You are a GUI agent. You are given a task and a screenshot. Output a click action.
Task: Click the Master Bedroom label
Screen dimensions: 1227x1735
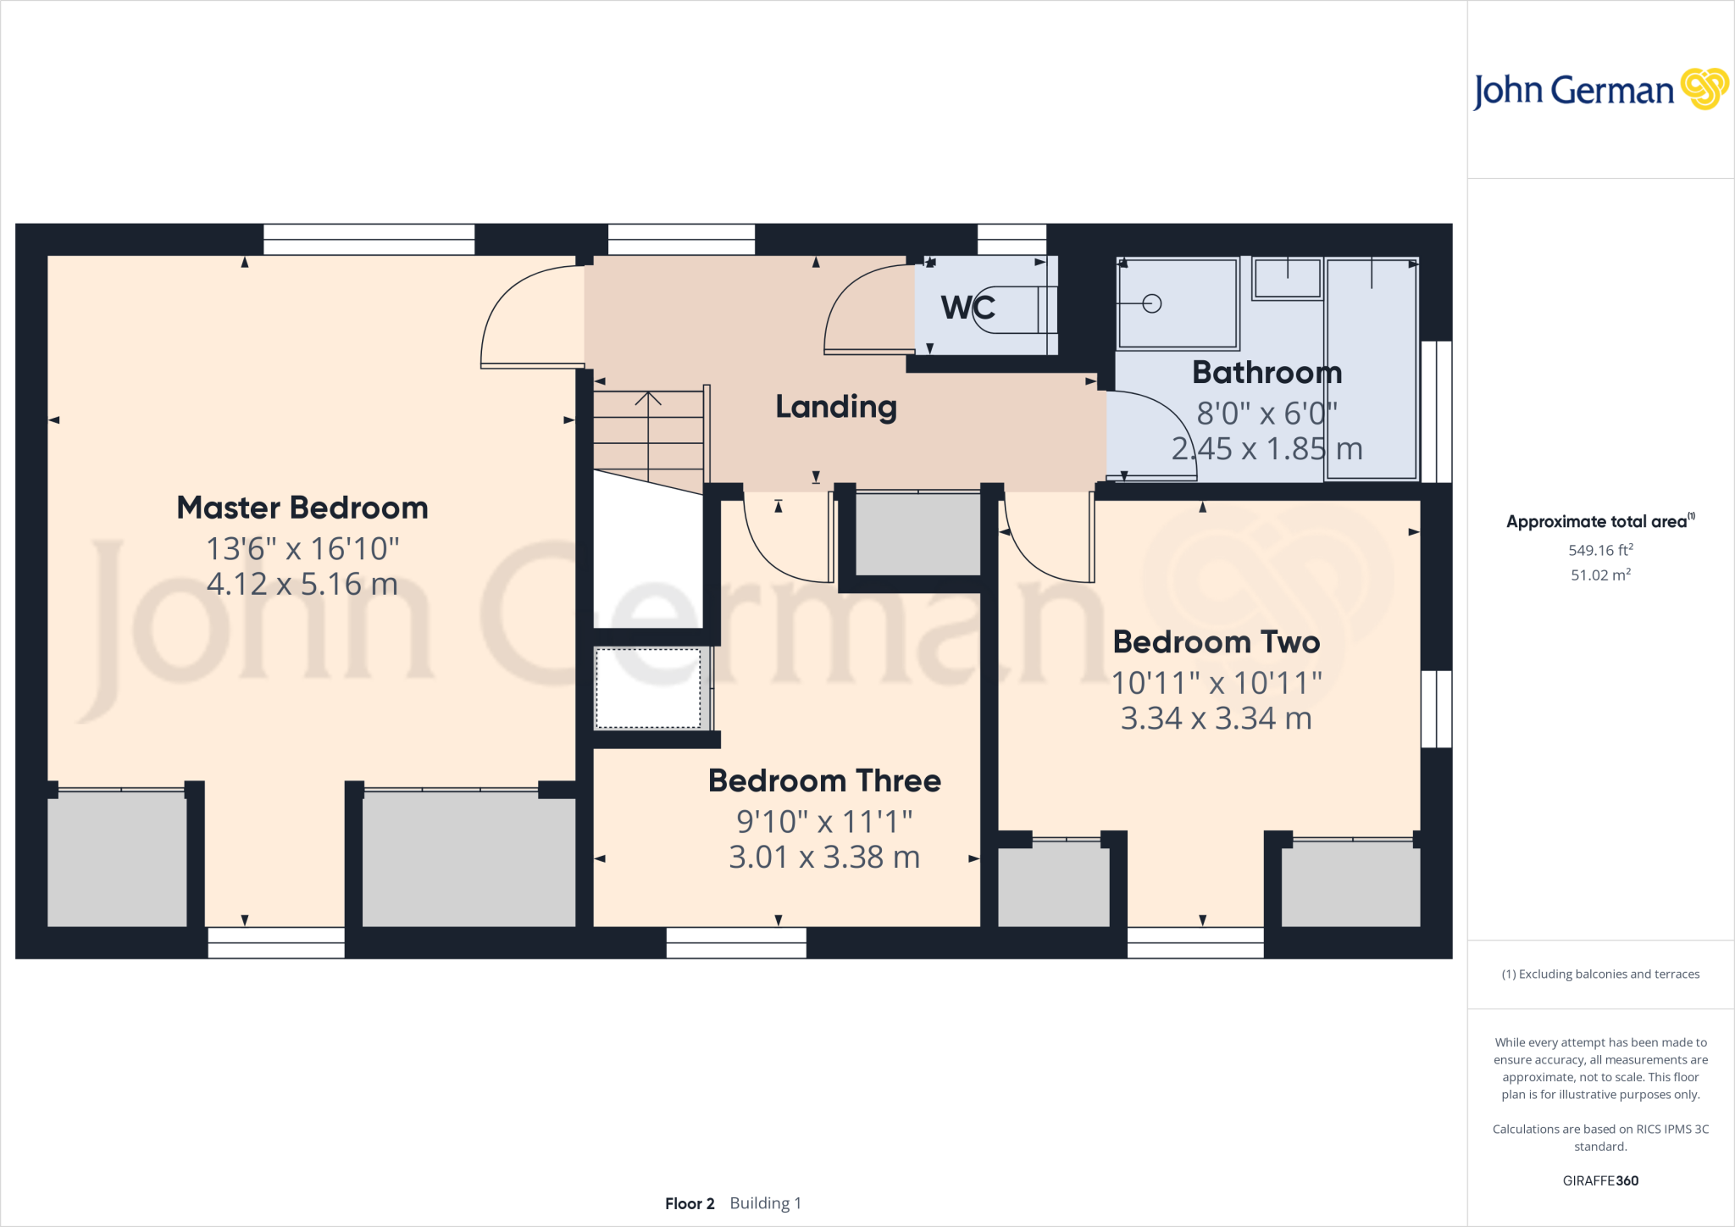[302, 508]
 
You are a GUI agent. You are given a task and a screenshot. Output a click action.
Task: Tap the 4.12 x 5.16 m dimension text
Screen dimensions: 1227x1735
[302, 584]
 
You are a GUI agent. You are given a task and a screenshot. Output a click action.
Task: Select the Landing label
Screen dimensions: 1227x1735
[836, 408]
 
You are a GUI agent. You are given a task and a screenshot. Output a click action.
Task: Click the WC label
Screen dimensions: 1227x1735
[967, 307]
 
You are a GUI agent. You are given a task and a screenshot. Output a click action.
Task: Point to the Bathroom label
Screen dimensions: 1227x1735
[1267, 373]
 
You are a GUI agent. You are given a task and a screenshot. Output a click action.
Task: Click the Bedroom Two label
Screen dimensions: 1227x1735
[1216, 642]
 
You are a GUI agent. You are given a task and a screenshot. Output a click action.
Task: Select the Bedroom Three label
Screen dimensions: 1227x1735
[824, 780]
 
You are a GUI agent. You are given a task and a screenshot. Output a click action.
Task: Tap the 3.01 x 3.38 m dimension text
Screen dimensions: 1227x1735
[824, 858]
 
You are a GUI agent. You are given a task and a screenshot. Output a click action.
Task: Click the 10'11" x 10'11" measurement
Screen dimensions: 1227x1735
[1216, 683]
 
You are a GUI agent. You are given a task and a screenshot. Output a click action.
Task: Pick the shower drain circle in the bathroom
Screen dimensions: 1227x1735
[1151, 303]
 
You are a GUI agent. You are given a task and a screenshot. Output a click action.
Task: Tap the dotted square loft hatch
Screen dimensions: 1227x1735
[648, 688]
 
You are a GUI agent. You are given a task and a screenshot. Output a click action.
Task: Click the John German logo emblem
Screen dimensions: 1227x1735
[1704, 89]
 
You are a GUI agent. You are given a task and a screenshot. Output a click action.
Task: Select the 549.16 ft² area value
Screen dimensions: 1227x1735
[1599, 550]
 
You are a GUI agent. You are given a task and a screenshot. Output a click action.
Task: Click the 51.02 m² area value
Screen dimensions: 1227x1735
[1599, 575]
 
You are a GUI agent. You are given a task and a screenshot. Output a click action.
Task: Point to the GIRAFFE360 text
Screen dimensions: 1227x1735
[1599, 1180]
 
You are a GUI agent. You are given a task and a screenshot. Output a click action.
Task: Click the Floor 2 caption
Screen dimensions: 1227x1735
[690, 1203]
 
